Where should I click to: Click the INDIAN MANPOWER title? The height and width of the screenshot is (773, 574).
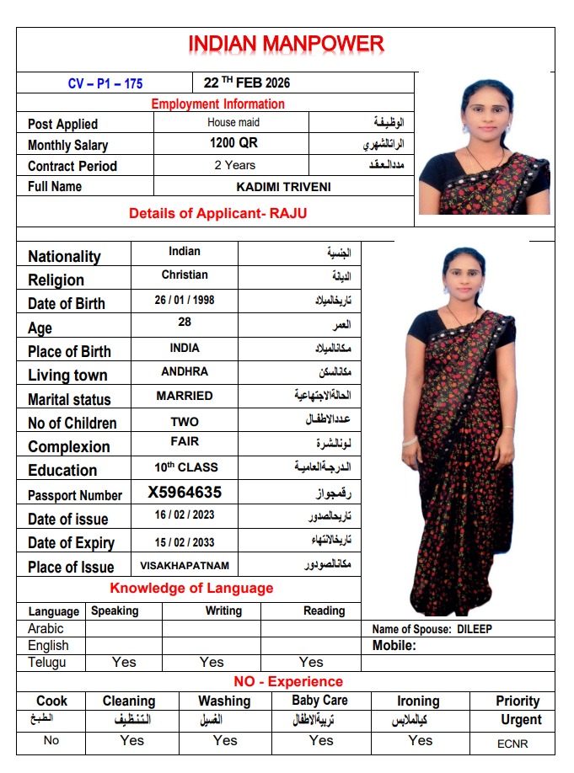click(x=286, y=44)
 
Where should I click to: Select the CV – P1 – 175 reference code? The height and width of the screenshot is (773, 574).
click(x=105, y=83)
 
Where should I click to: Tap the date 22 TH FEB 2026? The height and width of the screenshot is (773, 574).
click(x=247, y=83)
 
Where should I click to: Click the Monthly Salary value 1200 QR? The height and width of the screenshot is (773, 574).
click(x=233, y=143)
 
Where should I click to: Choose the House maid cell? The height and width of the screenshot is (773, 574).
click(x=233, y=122)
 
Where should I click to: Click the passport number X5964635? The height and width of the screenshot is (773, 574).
click(x=185, y=492)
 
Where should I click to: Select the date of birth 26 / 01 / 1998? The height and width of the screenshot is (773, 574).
click(x=185, y=300)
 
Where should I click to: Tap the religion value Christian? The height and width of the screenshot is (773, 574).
click(x=185, y=275)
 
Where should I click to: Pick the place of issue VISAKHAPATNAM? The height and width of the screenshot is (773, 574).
click(x=185, y=565)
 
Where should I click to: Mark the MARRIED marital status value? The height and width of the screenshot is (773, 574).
click(x=185, y=396)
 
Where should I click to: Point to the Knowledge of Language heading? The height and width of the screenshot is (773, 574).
click(x=191, y=588)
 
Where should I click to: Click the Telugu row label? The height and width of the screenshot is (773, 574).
click(x=46, y=662)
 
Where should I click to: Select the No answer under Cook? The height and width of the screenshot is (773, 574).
click(x=51, y=741)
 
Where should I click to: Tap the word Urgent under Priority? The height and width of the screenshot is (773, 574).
click(x=521, y=720)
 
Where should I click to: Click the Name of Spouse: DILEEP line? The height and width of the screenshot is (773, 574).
click(x=432, y=629)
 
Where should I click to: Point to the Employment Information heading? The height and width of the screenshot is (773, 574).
click(x=217, y=104)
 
